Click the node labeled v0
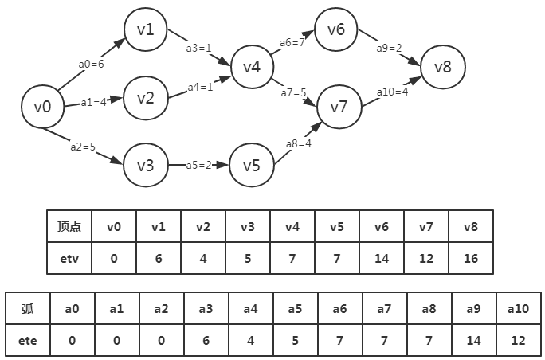42,106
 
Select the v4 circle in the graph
251,67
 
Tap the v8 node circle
442,67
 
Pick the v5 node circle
251,166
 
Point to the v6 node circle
335,29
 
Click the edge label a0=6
92,64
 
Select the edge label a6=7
292,42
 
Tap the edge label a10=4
393,92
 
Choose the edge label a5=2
199,165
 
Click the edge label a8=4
299,143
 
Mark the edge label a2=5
83,146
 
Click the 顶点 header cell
69,226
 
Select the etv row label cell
69,258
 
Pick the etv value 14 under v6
382,258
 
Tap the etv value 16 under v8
471,258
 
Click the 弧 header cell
28,309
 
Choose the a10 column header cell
518,309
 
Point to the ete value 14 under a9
473,341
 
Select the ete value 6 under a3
206,341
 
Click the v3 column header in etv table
248,226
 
